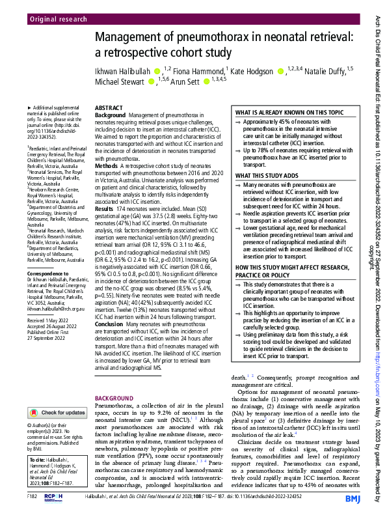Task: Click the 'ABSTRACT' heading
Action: tap(109, 107)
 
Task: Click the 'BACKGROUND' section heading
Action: tap(114, 398)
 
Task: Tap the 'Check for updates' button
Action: tap(57, 413)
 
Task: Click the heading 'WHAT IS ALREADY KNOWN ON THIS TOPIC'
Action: tap(289, 113)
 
